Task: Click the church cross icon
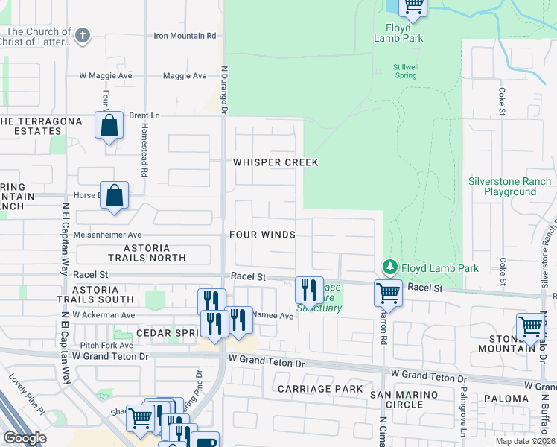click(x=83, y=35)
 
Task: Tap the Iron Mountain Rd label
click(x=185, y=35)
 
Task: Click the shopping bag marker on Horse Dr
click(x=115, y=196)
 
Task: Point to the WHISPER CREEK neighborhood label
click(x=276, y=162)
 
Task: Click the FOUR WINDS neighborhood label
click(x=262, y=235)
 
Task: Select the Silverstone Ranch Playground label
click(x=510, y=186)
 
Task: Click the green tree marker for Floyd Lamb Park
click(x=388, y=267)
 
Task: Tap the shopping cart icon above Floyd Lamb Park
click(x=413, y=7)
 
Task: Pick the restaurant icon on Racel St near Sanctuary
click(x=309, y=290)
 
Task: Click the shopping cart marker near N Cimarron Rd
click(x=388, y=293)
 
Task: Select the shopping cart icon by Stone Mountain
click(x=530, y=326)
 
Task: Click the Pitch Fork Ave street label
click(x=106, y=346)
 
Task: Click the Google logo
click(x=25, y=438)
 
